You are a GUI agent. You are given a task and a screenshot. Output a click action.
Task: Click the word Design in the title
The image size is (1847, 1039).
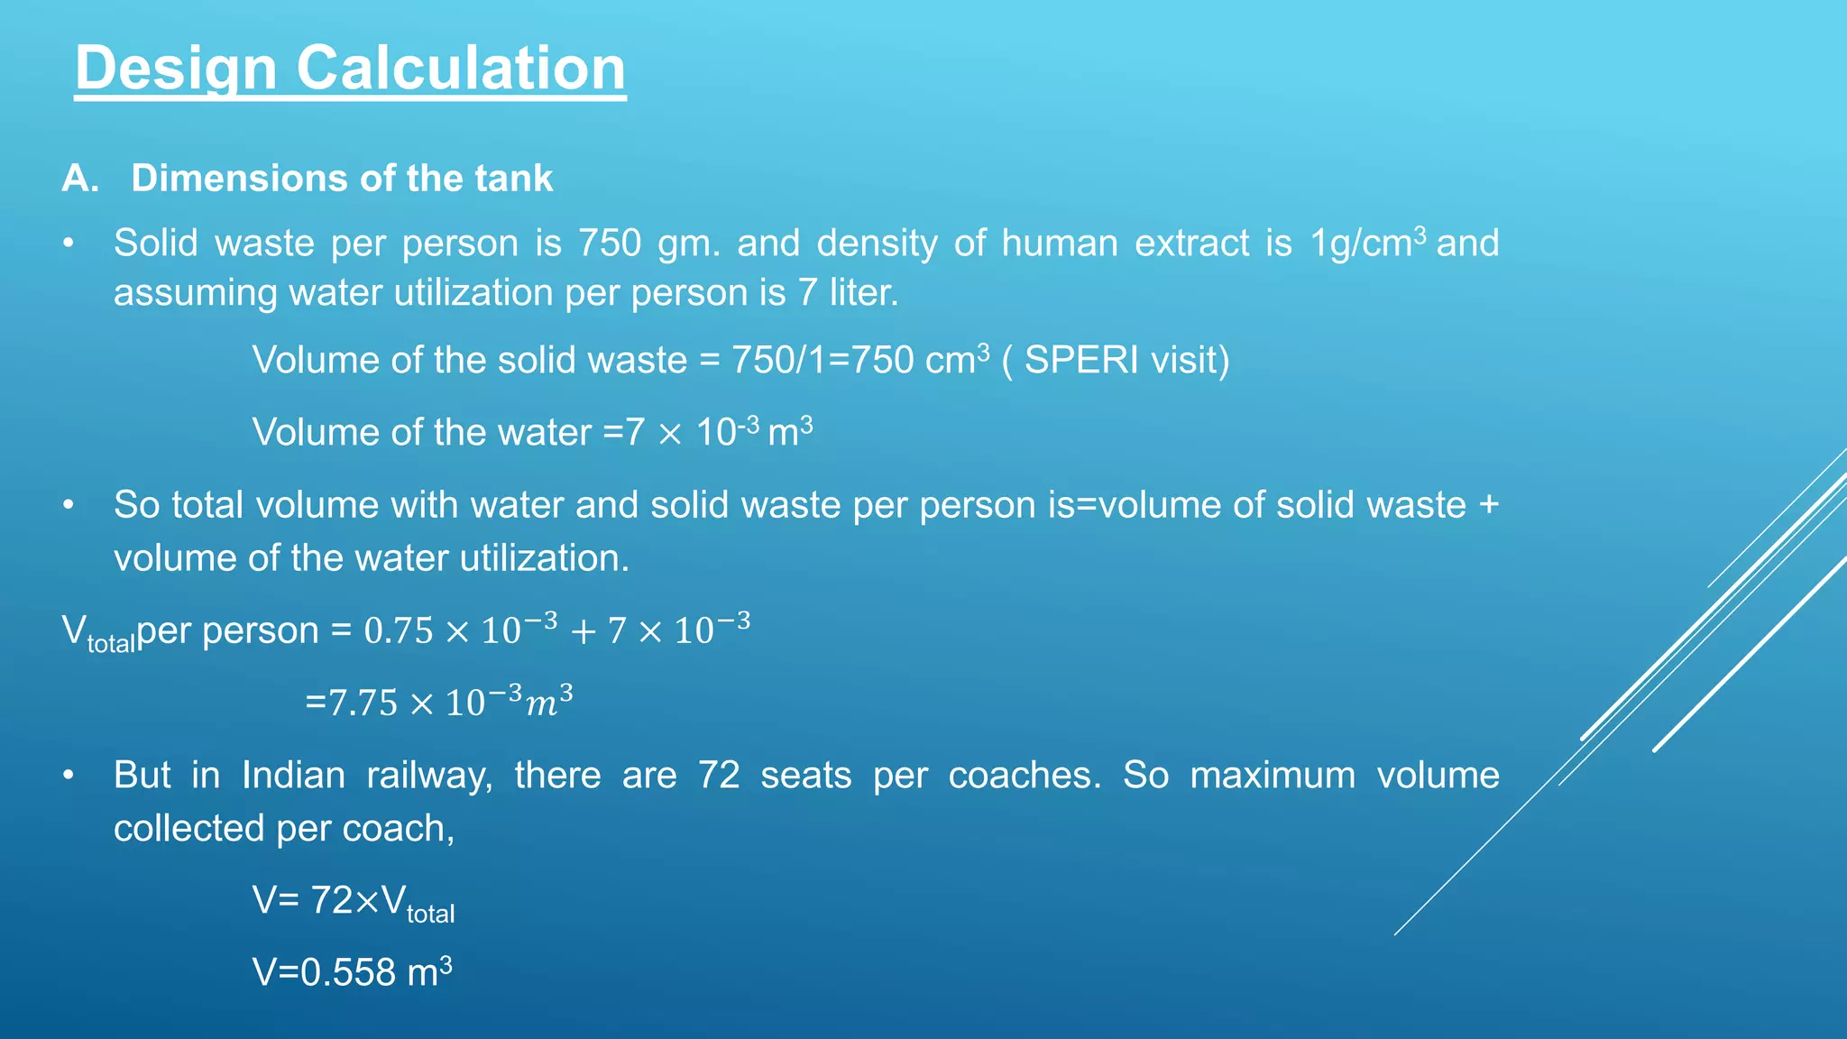coord(176,69)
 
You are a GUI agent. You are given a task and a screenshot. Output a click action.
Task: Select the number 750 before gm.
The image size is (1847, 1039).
coord(610,244)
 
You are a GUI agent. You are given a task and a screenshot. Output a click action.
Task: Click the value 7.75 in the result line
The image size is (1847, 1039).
coord(363,703)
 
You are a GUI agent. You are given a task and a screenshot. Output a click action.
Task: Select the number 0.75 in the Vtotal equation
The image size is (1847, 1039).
coord(399,631)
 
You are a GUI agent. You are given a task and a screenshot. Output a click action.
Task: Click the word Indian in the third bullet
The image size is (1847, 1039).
coord(293,776)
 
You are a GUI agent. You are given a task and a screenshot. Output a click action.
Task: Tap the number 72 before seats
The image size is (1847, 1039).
coord(719,776)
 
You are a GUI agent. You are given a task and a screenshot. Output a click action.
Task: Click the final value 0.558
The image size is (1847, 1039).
coord(348,973)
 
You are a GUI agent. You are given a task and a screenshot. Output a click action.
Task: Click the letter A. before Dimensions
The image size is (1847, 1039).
coord(79,179)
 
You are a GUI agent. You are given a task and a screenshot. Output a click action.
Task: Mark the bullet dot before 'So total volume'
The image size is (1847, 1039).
coord(69,506)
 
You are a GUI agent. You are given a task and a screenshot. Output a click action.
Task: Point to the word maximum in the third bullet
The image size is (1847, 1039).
coord(1273,776)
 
